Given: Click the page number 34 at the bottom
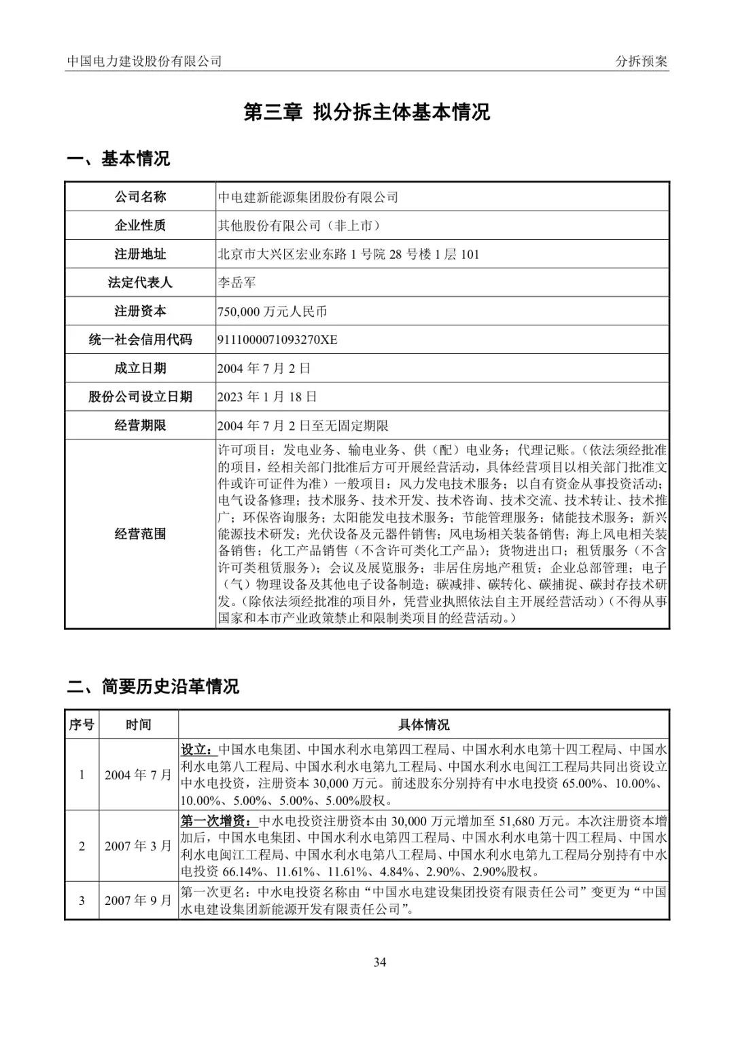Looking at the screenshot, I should (380, 962).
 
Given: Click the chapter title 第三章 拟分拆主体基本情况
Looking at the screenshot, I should (367, 112).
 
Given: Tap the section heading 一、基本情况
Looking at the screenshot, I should (118, 159).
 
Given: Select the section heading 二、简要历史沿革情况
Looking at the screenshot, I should (153, 686).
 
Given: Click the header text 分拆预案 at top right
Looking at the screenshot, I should (641, 61).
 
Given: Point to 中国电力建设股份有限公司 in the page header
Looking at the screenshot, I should (145, 61).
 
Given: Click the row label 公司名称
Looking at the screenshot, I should (140, 197).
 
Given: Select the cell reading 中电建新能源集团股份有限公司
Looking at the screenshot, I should (308, 198).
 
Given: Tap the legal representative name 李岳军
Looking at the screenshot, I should (237, 283).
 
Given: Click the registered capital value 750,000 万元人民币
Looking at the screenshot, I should (272, 312).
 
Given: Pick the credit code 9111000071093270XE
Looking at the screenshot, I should (277, 340).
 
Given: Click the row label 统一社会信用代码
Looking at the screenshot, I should (140, 340).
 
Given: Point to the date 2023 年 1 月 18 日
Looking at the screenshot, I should (267, 397).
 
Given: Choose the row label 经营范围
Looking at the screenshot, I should (140, 533).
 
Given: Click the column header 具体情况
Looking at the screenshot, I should (423, 725).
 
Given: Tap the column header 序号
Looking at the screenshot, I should (82, 725).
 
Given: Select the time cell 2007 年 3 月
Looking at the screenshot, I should (138, 846).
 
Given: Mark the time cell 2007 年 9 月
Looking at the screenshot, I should (138, 901).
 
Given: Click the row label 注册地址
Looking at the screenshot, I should (140, 254).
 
